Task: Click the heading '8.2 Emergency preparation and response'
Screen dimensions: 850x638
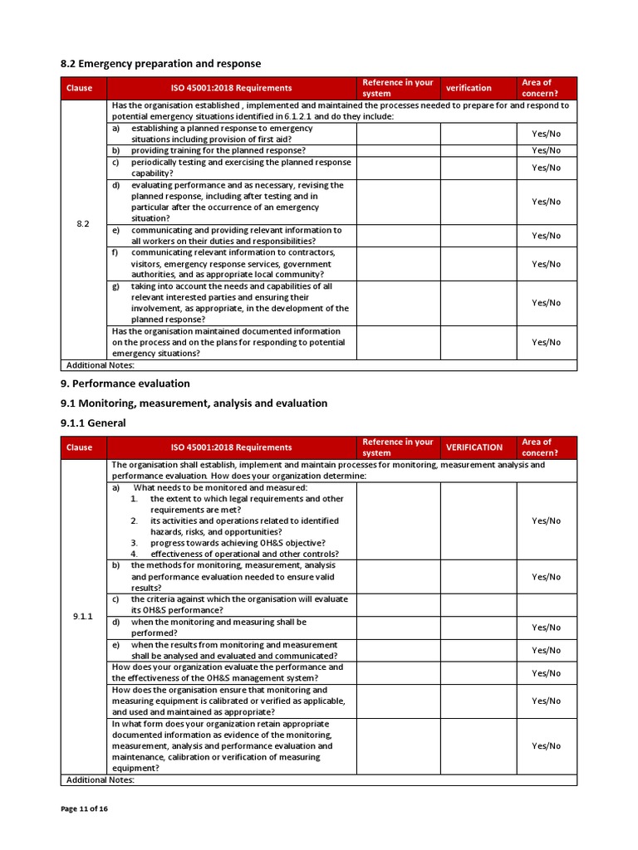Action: tap(161, 64)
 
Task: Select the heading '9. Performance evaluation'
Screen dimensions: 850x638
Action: tap(125, 383)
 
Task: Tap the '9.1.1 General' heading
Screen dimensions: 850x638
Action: tap(93, 423)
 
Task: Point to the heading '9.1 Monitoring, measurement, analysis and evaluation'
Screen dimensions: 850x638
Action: tap(194, 403)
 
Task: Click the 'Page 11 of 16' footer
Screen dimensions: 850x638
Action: tap(84, 809)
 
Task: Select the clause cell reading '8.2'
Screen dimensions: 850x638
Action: tap(83, 224)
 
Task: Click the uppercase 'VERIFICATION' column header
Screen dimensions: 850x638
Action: tap(474, 447)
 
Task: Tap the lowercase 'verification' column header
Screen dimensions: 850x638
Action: tap(469, 88)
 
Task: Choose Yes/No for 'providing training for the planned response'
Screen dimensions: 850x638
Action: tap(546, 150)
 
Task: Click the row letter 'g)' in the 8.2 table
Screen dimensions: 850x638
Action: tap(116, 286)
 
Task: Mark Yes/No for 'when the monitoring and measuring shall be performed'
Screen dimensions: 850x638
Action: tap(546, 628)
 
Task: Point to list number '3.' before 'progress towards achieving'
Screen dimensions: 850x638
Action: tap(134, 543)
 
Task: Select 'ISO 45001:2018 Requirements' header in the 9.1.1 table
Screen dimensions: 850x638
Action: tap(232, 447)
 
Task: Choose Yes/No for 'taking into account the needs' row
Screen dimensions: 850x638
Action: tap(546, 303)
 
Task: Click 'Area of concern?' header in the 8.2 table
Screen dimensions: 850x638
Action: tap(539, 88)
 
